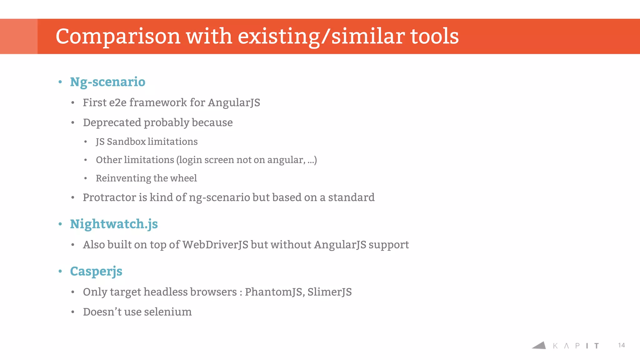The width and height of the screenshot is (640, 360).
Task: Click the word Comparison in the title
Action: (118, 37)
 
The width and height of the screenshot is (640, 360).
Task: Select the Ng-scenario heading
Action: (107, 82)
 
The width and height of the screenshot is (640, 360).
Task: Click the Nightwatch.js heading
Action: (114, 224)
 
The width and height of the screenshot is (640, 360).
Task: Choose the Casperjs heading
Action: (96, 271)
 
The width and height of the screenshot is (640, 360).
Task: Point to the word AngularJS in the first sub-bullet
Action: (234, 103)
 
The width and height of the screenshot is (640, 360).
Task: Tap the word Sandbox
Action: (126, 142)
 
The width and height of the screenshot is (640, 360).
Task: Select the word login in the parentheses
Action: (190, 160)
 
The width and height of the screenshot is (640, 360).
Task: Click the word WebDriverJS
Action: (215, 245)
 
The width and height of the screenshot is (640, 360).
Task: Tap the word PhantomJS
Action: (274, 292)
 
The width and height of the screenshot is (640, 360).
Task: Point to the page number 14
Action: (621, 345)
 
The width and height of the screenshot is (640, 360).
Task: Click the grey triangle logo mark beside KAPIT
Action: (540, 346)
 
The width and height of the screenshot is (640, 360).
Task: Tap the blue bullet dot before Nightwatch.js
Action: (60, 224)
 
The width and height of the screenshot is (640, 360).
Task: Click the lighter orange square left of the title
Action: (19, 36)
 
